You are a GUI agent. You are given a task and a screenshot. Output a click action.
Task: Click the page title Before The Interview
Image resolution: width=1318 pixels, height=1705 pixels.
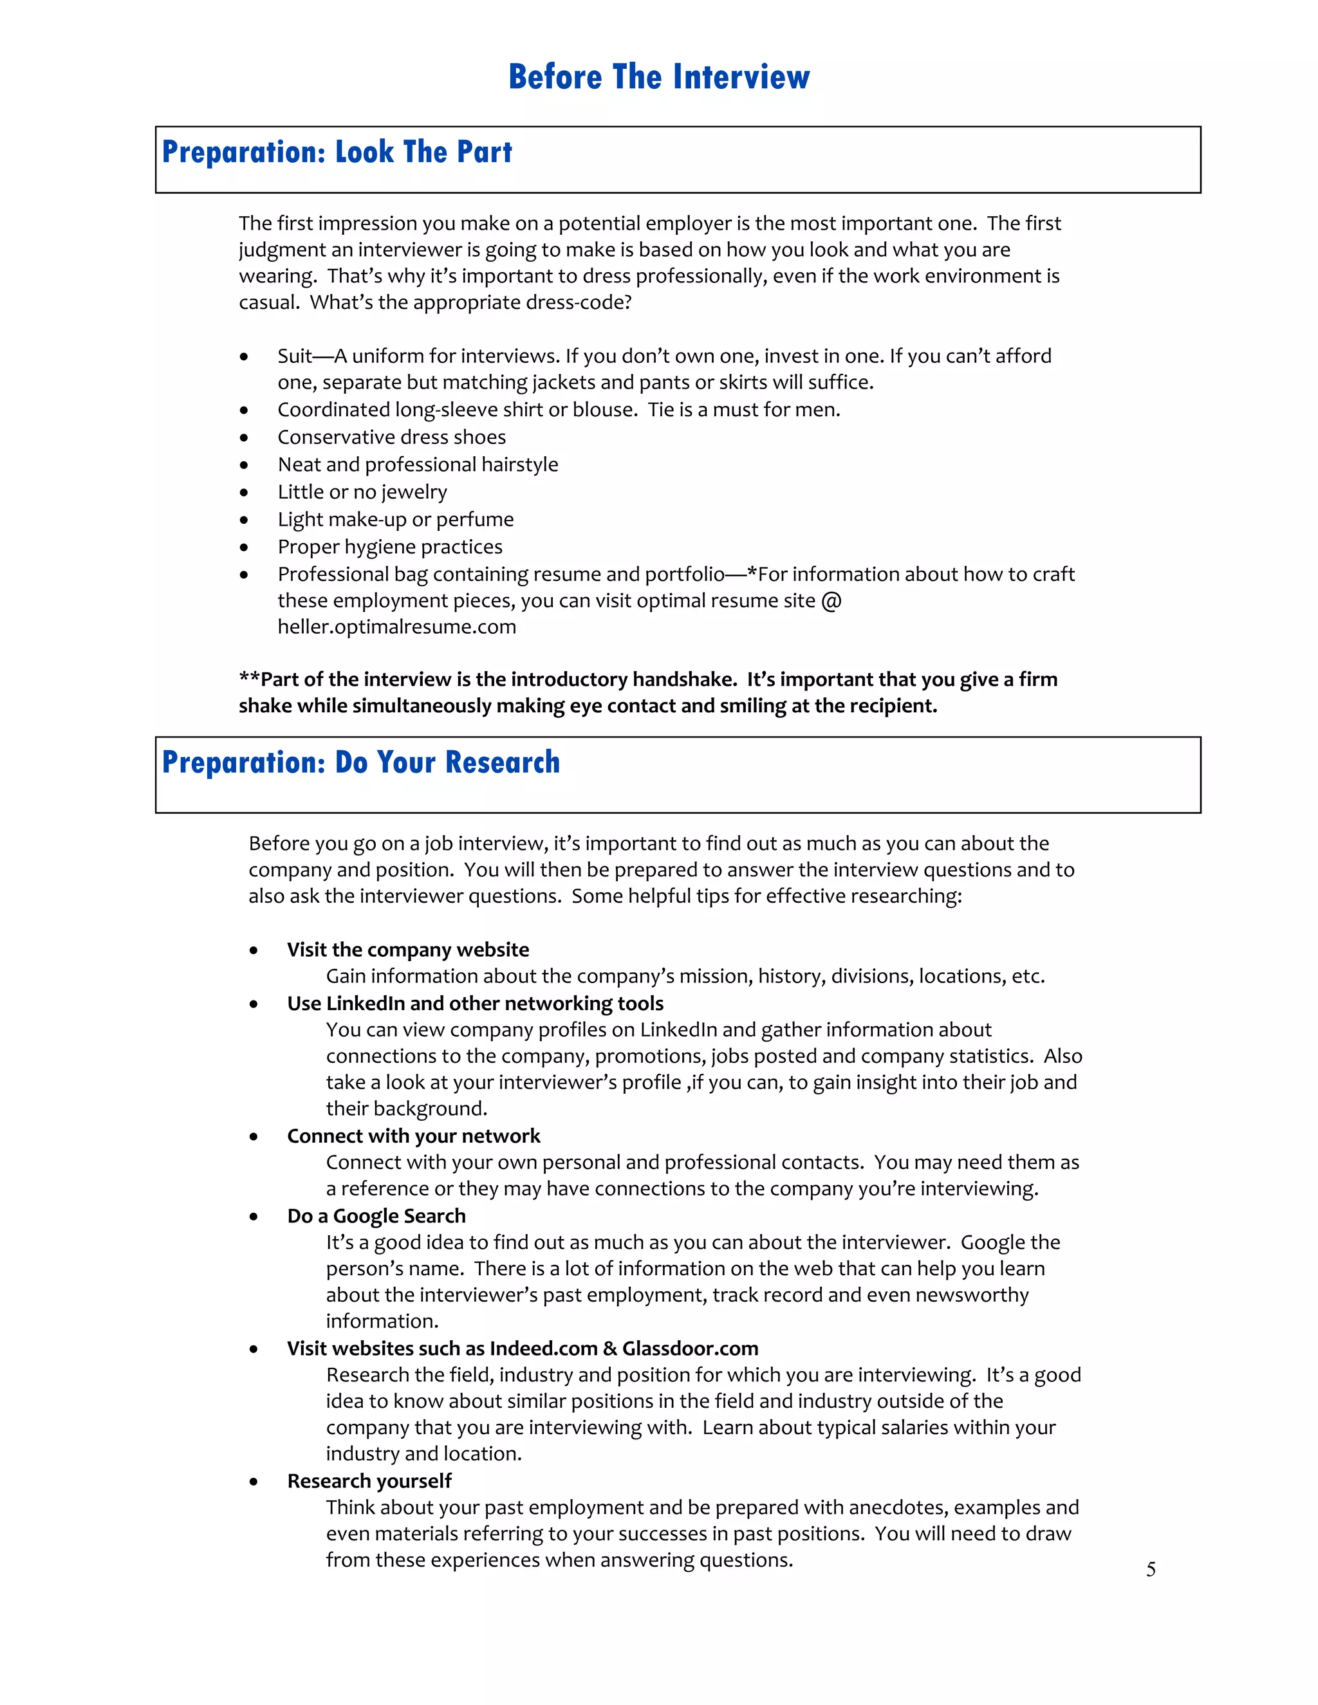pyautogui.click(x=659, y=77)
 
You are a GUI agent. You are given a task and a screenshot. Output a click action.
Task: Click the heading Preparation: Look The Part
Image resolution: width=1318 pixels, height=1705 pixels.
pyautogui.click(x=337, y=152)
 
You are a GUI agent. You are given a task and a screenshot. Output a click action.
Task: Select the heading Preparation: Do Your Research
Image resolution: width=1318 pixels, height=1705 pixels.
pyautogui.click(x=361, y=762)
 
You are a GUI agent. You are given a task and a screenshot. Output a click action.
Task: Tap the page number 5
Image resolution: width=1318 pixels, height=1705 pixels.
pyautogui.click(x=1150, y=1569)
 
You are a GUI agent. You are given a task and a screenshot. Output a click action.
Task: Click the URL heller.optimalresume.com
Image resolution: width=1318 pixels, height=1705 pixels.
pyautogui.click(x=396, y=627)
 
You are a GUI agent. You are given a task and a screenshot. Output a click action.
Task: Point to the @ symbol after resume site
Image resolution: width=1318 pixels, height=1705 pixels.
pyautogui.click(x=831, y=600)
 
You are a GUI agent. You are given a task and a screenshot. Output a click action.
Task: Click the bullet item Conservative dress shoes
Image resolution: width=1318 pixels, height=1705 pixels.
pyautogui.click(x=391, y=437)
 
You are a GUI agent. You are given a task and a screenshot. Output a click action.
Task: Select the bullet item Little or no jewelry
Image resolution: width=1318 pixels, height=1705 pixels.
pyautogui.click(x=362, y=492)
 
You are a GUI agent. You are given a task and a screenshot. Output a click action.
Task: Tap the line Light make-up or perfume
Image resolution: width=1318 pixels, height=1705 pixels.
pyautogui.click(x=395, y=519)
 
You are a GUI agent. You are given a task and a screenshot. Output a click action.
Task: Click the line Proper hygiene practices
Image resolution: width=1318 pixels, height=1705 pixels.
pyautogui.click(x=389, y=546)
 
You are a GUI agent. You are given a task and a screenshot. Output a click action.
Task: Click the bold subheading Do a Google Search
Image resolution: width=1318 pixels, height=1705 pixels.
pyautogui.click(x=376, y=1215)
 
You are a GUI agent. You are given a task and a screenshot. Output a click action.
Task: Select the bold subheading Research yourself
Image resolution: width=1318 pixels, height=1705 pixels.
pyautogui.click(x=369, y=1481)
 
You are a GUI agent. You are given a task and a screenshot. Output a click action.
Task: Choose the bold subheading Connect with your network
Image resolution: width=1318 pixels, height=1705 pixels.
pyautogui.click(x=413, y=1136)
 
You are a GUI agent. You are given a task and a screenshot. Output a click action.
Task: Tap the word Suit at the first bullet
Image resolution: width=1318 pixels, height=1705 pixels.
pyautogui.click(x=294, y=356)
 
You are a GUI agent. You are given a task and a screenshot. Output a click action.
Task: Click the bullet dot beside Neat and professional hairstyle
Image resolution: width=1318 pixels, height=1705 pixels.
pyautogui.click(x=245, y=465)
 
